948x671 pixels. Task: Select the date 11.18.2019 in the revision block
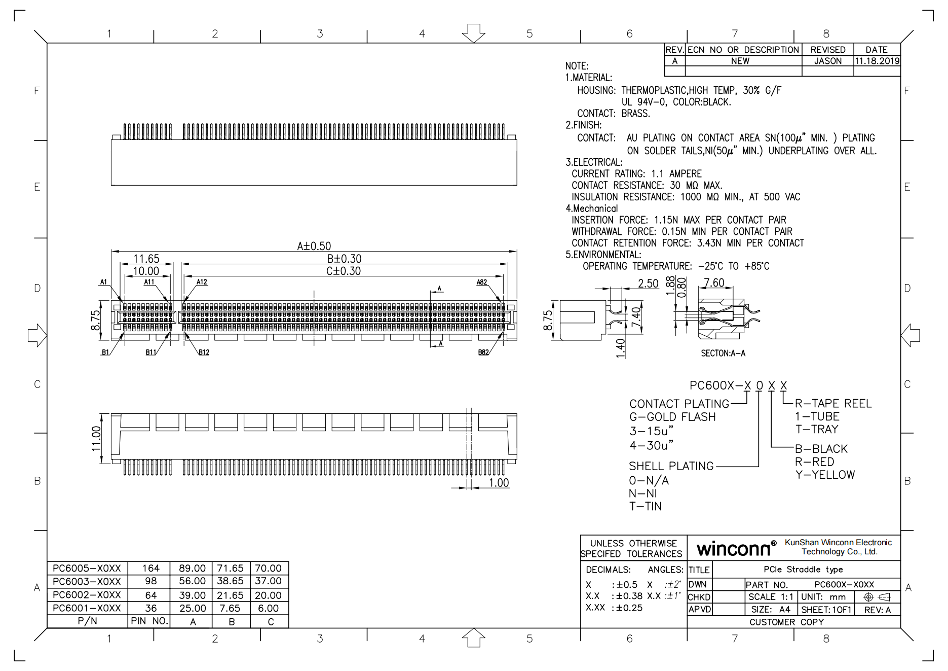tap(877, 61)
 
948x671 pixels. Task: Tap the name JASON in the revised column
tap(827, 61)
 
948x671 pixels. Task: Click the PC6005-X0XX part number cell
tap(87, 568)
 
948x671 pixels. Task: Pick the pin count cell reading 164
tap(150, 568)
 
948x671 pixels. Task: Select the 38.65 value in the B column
tap(230, 581)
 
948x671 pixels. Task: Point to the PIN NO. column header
tap(149, 621)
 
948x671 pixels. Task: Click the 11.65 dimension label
tap(146, 259)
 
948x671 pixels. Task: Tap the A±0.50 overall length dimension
tap(314, 246)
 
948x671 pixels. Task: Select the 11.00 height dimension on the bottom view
tap(96, 438)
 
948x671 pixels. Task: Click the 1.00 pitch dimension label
tap(499, 483)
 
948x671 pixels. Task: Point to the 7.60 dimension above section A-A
tap(714, 282)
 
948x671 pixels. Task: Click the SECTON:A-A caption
tap(723, 354)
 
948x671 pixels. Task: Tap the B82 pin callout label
tap(483, 352)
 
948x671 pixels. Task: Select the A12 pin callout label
tap(202, 282)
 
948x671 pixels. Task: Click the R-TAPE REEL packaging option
tap(833, 404)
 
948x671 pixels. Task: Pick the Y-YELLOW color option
tap(825, 475)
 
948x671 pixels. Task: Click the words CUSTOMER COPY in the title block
tap(786, 622)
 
